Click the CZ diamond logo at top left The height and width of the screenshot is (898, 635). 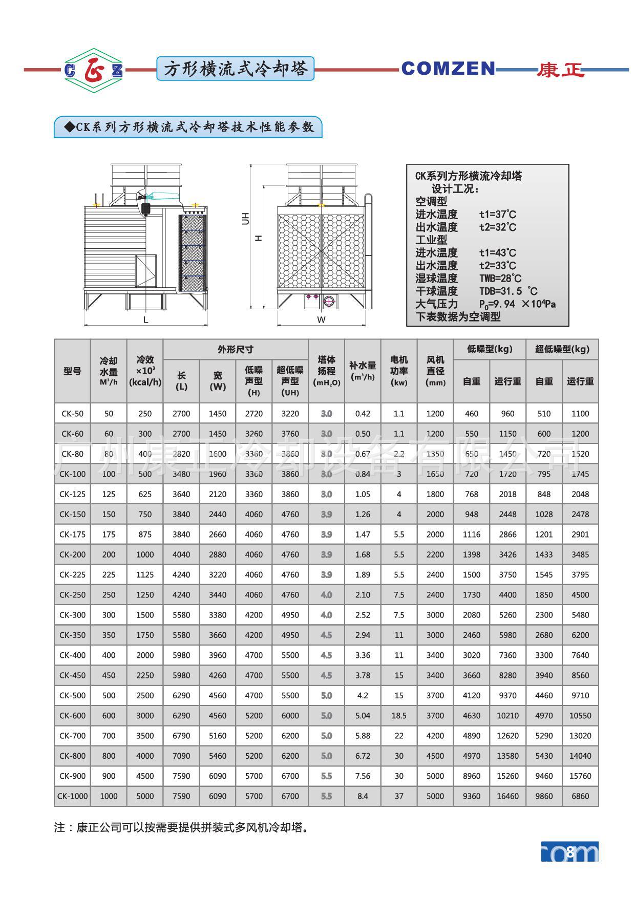(93, 70)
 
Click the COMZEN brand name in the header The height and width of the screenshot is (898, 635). (448, 69)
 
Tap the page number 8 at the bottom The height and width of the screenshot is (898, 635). (570, 852)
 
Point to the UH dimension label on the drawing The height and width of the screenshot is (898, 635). (246, 219)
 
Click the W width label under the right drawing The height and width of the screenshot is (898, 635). (321, 320)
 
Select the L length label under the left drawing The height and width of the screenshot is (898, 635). (146, 320)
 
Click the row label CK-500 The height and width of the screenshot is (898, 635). (72, 695)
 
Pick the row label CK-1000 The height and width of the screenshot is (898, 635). (72, 796)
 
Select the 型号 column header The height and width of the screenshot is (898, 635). (72, 371)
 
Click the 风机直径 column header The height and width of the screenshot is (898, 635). (435, 371)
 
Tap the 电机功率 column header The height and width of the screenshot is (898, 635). (399, 371)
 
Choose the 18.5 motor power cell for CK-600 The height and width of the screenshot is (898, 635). (399, 716)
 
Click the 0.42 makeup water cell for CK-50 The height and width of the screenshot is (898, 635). (363, 414)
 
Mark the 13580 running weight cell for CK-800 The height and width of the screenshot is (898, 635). (507, 756)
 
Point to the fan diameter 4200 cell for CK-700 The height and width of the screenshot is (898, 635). (435, 736)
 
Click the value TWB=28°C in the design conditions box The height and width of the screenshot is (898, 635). (500, 279)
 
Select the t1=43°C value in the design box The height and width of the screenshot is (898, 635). (498, 253)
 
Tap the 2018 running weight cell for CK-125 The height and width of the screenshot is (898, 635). (507, 494)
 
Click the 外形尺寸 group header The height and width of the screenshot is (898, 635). (236, 350)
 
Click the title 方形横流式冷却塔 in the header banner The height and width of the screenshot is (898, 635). (235, 69)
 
